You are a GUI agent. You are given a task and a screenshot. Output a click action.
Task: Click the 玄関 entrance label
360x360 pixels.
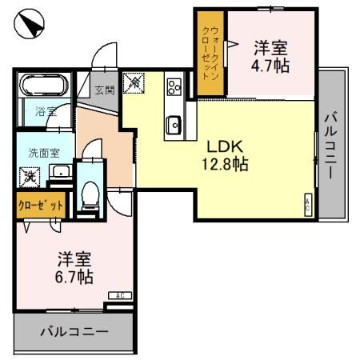pyautogui.click(x=102, y=90)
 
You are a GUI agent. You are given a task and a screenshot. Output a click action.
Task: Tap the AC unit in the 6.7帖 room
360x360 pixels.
pyautogui.click(x=119, y=296)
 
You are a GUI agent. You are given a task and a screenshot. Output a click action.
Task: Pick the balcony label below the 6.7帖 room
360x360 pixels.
pyautogui.click(x=73, y=330)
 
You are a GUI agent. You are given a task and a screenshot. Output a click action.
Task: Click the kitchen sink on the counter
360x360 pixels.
pyautogui.click(x=174, y=123)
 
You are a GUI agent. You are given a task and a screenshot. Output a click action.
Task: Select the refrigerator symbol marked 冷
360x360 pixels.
pyautogui.click(x=136, y=82)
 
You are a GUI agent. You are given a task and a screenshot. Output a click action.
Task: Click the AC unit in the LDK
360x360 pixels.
pyautogui.click(x=308, y=205)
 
